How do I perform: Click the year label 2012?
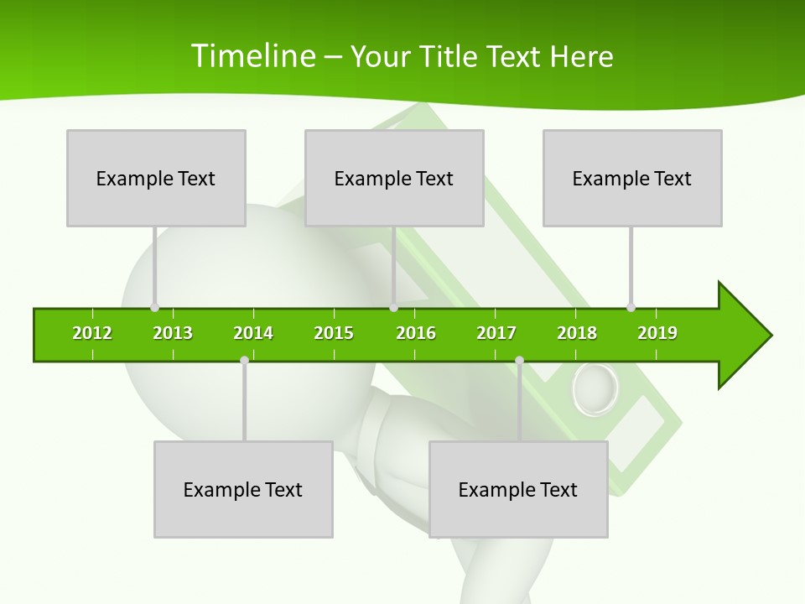pyautogui.click(x=92, y=333)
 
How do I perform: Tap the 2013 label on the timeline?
pyautogui.click(x=173, y=333)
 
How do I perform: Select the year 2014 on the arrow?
pyautogui.click(x=253, y=333)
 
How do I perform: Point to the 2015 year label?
pyautogui.click(x=334, y=333)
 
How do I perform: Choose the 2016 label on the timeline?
pyautogui.click(x=416, y=333)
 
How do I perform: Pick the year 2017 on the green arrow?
pyautogui.click(x=496, y=333)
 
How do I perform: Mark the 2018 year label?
pyautogui.click(x=577, y=333)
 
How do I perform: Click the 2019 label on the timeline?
pyautogui.click(x=657, y=333)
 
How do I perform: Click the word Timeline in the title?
pyautogui.click(x=252, y=56)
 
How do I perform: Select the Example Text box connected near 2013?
pyautogui.click(x=156, y=178)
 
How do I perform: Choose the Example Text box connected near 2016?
pyautogui.click(x=394, y=178)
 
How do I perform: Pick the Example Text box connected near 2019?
pyautogui.click(x=632, y=178)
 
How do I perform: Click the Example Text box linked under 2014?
pyautogui.click(x=243, y=489)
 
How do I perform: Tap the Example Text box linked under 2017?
pyautogui.click(x=518, y=489)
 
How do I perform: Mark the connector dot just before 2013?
pyautogui.click(x=154, y=307)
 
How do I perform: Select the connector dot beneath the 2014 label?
pyautogui.click(x=244, y=361)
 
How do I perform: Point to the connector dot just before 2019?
pyautogui.click(x=631, y=307)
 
